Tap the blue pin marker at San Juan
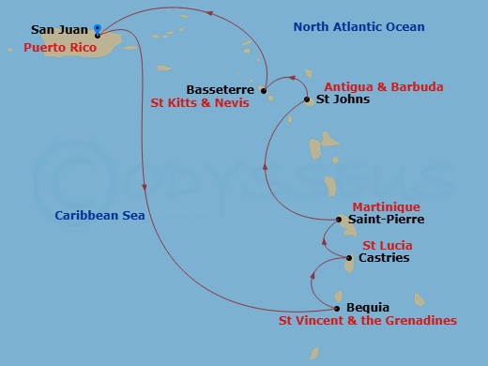point(98,30)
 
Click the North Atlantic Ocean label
point(358,27)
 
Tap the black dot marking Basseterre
point(264,91)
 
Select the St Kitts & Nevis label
point(200,104)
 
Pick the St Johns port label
point(343,99)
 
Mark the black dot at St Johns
point(308,99)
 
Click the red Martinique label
point(386,206)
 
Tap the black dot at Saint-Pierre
point(339,220)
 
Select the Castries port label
point(384,258)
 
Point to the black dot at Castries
point(349,258)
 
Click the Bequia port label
point(367,307)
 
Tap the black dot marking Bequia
point(338,308)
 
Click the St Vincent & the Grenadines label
point(368,321)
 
